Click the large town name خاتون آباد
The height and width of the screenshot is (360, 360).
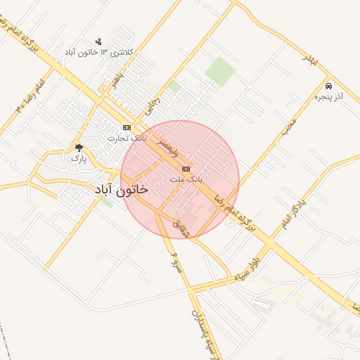coord(121,190)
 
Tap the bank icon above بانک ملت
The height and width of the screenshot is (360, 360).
coord(186,169)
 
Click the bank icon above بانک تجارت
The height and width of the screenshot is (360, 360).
coord(127,127)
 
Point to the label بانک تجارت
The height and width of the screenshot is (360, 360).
coord(127,139)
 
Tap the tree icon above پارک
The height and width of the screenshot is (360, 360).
coord(79,148)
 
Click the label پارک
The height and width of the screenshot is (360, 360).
coord(78,159)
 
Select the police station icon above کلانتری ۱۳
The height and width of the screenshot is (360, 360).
coord(98,41)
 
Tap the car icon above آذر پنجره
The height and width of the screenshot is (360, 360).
coord(329,85)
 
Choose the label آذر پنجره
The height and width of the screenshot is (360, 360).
coord(328,96)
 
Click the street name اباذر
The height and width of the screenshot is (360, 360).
coord(310,60)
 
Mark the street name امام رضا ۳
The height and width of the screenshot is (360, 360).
coord(28,96)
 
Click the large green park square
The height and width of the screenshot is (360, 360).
coord(221,72)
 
